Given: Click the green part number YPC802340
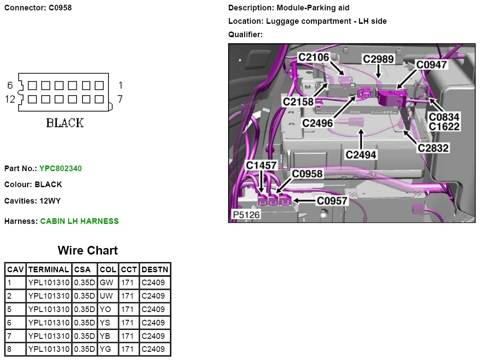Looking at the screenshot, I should pos(60,169).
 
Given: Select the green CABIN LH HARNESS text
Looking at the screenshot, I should pos(79,221).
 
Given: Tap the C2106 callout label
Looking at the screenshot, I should pos(314,57).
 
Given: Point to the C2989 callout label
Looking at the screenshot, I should pos(378,59).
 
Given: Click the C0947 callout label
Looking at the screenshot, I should pos(432,64).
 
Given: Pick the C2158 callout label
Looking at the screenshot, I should pos(298,102).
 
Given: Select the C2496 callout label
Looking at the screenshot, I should pos(318,123).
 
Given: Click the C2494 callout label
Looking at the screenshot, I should pos(361,154).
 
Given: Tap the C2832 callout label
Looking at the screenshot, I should pos(433,148).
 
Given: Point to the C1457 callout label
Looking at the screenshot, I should pos(261,166).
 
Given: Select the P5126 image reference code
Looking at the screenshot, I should pos(247,215).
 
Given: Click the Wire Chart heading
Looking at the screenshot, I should pos(88,250).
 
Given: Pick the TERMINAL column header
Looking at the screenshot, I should pos(48,270).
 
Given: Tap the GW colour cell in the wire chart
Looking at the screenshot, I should pos(106,283).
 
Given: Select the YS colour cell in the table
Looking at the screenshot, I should pos(105,323).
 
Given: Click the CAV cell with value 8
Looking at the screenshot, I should pos(10,349).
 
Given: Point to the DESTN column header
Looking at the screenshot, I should pos(155,270).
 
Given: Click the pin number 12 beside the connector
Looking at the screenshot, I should pos(10,99).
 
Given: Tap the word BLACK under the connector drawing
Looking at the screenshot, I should pos(65,123).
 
